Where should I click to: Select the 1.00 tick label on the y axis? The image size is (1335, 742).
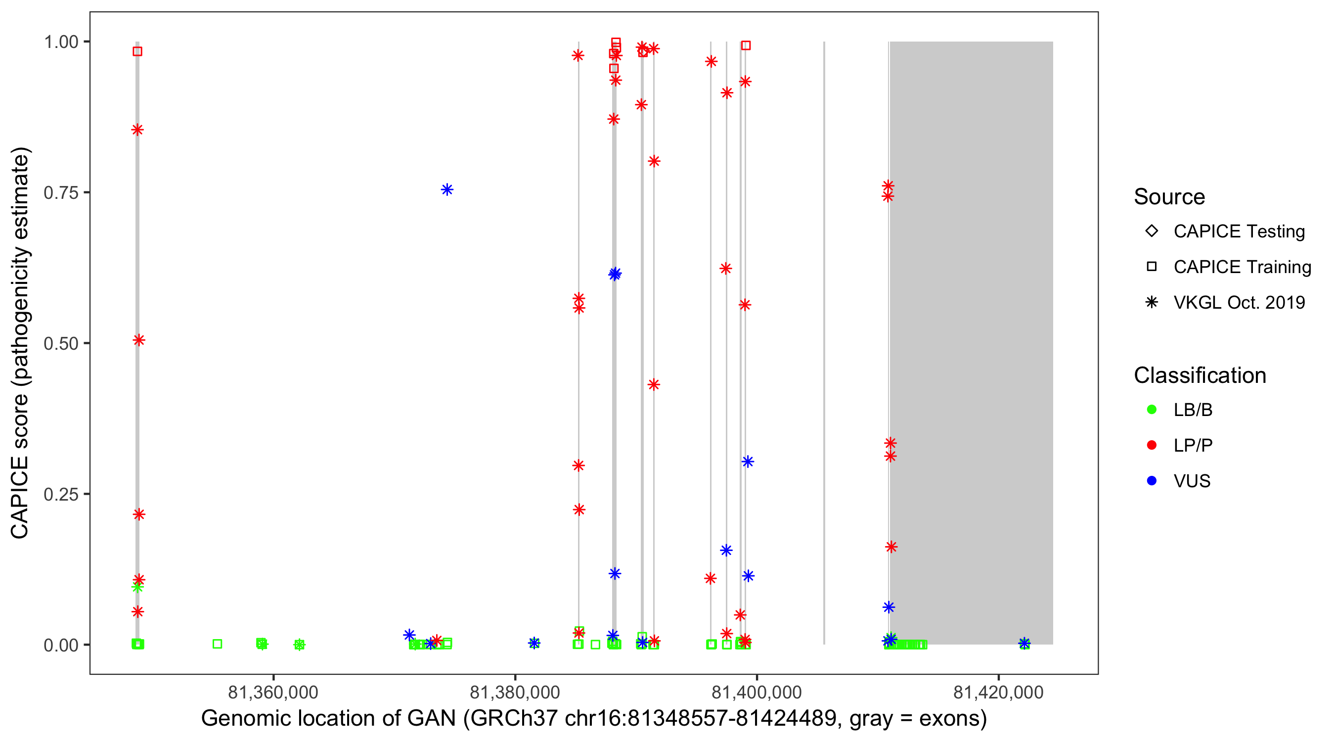[x=61, y=42]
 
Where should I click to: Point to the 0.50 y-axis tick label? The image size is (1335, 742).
[x=61, y=343]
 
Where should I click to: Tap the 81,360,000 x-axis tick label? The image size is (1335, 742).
[x=273, y=692]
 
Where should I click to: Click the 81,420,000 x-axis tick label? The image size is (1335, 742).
[x=998, y=692]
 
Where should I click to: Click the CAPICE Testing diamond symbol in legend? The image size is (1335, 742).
[x=1152, y=231]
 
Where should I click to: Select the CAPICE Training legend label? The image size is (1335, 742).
[x=1242, y=267]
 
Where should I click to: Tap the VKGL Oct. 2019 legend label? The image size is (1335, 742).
[x=1239, y=302]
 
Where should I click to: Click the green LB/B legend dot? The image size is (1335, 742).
[x=1152, y=410]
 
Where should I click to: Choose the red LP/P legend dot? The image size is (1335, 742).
[x=1152, y=445]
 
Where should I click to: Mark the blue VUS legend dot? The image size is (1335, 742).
[x=1152, y=481]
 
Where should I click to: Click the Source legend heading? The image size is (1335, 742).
[x=1169, y=197]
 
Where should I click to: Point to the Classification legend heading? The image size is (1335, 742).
[x=1200, y=375]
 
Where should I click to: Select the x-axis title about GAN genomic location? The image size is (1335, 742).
[x=594, y=719]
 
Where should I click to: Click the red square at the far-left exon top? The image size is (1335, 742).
[x=137, y=51]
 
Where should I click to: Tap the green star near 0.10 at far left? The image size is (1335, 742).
[x=137, y=588]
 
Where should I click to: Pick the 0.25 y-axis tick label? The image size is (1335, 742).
[x=61, y=494]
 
